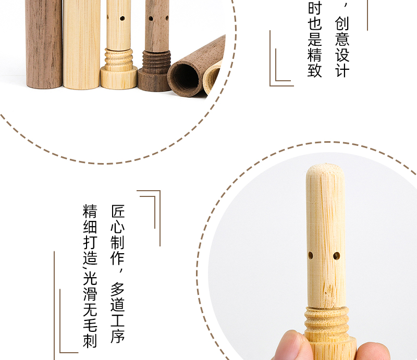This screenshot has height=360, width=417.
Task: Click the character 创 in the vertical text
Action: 342,23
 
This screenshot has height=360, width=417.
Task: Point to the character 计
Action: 342,70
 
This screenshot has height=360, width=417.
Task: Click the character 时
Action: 315,8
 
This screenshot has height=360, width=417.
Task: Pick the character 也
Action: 315,23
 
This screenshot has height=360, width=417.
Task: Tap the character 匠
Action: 118,212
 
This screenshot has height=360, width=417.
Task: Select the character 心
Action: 118,227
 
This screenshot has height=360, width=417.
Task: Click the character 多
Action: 118,290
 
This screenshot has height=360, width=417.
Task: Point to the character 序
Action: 118,337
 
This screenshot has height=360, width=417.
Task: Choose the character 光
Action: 90,278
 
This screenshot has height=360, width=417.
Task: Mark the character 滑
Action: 90,294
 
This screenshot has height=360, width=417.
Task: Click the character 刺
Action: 90,341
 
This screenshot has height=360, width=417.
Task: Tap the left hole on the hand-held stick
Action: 310,255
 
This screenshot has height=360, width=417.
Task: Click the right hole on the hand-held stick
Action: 336,256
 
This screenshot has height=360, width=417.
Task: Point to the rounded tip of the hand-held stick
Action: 325,170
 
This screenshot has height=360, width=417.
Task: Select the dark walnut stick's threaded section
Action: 156,62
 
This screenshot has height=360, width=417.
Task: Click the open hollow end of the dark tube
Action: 184,78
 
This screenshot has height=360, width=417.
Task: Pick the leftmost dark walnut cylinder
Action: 44,44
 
